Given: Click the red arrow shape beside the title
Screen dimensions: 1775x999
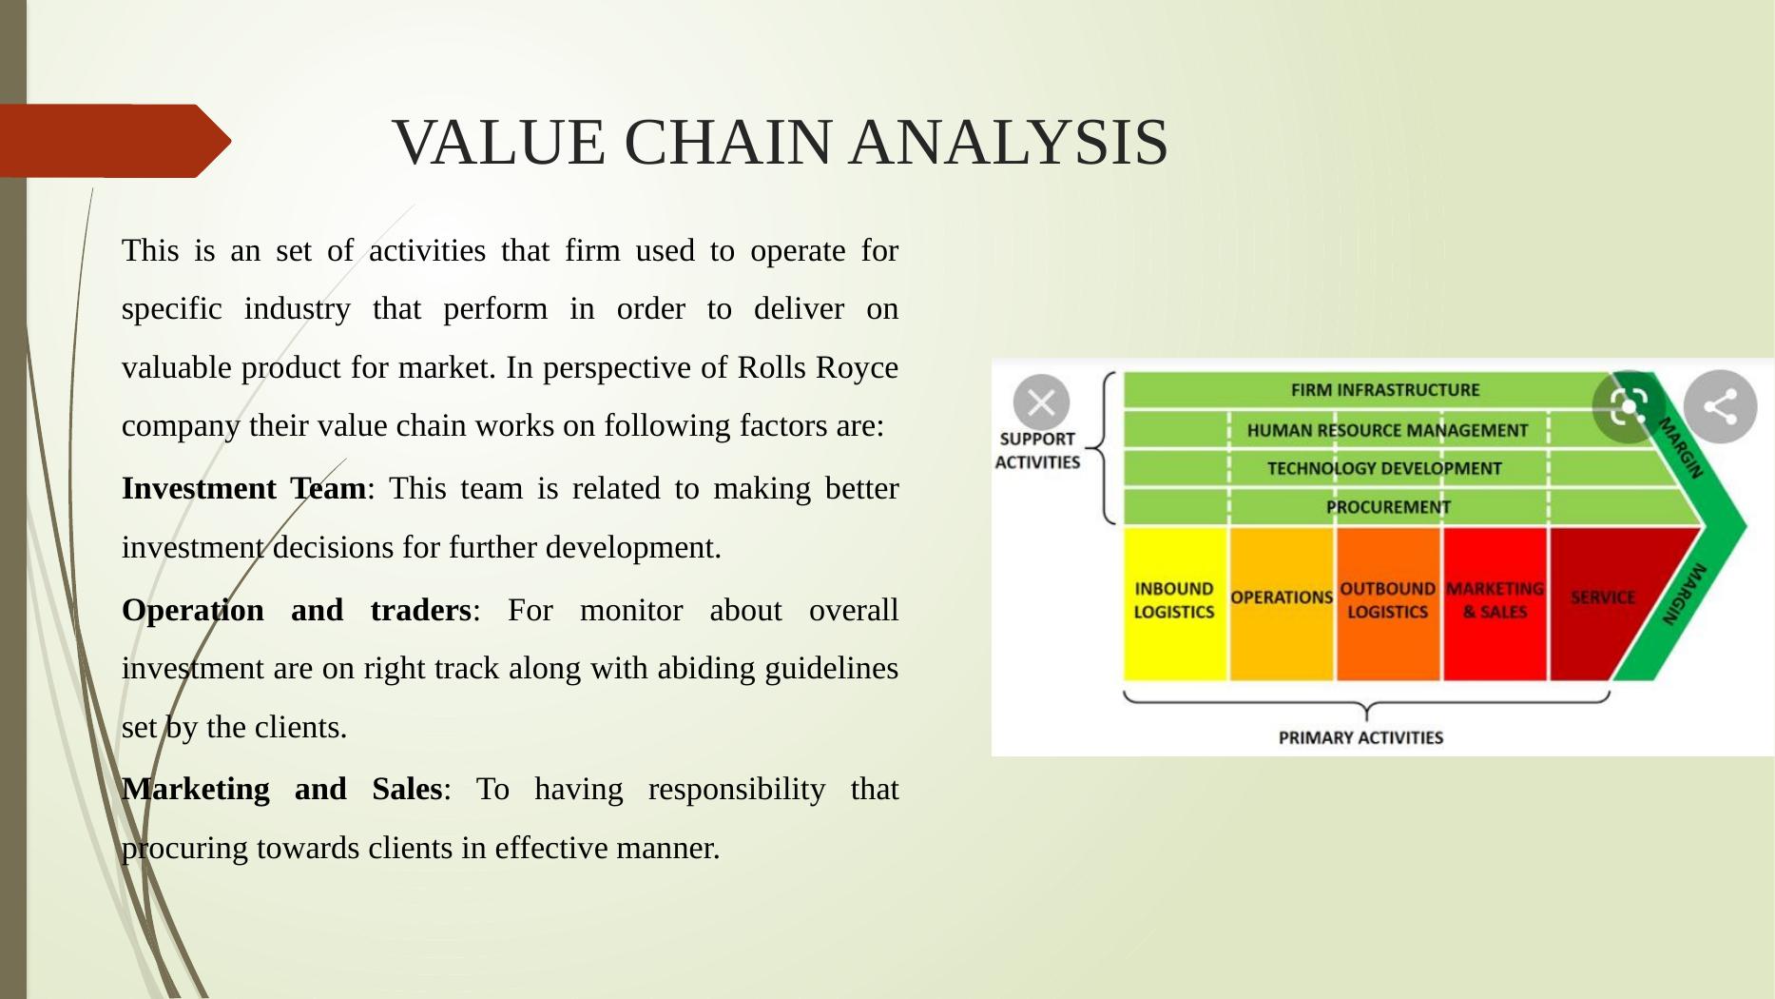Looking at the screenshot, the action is [115, 141].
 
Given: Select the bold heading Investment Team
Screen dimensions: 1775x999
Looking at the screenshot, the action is [243, 488].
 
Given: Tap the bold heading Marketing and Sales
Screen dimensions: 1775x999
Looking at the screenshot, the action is [281, 789].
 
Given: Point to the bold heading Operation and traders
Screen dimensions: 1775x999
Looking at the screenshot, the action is [297, 610].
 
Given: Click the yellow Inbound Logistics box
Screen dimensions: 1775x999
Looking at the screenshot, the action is [1175, 603].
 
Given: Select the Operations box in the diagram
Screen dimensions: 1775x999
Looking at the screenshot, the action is [1282, 603].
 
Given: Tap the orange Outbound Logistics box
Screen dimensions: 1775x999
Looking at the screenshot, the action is [1388, 603].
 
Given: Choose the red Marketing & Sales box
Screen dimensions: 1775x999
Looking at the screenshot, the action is [1495, 603].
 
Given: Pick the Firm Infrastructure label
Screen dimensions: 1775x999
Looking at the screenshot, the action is [1385, 390].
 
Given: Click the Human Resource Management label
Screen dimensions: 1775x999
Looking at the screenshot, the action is [1387, 430].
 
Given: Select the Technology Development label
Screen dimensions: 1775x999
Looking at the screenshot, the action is [1384, 468].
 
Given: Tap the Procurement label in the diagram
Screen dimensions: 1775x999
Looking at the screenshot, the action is [1388, 507].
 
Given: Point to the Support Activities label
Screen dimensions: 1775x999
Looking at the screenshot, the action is [1037, 450].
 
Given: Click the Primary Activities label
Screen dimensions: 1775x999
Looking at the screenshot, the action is [1360, 737].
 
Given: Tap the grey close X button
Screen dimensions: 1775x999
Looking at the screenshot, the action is [1041, 403].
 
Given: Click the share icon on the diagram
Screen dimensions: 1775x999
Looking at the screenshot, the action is [1720, 407].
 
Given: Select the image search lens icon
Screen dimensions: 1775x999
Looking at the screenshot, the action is [1629, 407].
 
